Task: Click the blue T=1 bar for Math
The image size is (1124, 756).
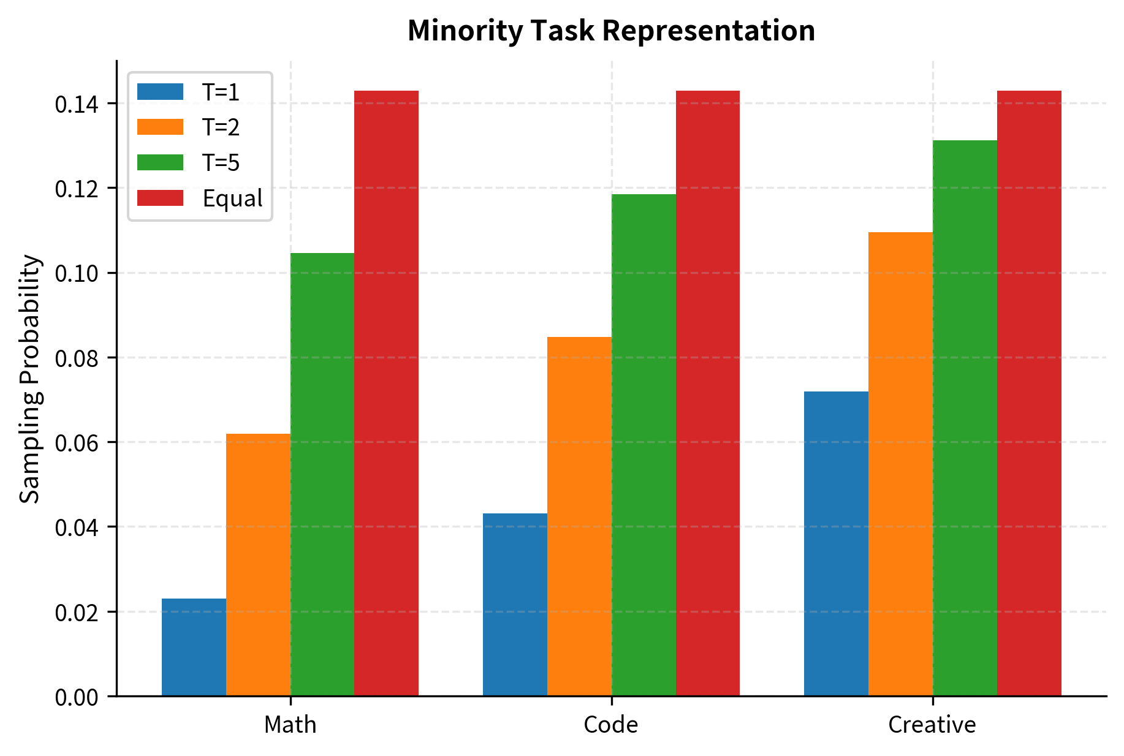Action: (x=194, y=647)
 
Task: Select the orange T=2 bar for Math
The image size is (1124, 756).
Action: (x=258, y=564)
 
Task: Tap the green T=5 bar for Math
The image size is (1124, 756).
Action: (x=322, y=474)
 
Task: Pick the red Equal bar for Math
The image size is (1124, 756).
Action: (x=386, y=393)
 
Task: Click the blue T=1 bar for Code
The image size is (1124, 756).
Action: (x=515, y=604)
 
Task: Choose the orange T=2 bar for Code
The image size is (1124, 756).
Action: (x=579, y=516)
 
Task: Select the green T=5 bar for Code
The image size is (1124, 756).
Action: (x=644, y=445)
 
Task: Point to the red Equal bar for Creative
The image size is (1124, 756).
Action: (x=1029, y=393)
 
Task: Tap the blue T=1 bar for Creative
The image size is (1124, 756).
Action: (x=836, y=543)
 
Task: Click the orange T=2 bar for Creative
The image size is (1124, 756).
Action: (x=900, y=464)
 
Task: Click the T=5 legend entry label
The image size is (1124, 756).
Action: (x=221, y=163)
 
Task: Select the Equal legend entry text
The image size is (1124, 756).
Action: (x=232, y=198)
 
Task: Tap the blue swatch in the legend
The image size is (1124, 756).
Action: (x=160, y=92)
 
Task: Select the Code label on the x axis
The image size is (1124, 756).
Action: (x=611, y=725)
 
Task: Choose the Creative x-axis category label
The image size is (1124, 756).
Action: (x=932, y=725)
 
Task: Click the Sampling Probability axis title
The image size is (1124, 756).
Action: (x=29, y=379)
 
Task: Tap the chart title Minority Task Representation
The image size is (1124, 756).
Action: (x=611, y=31)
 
